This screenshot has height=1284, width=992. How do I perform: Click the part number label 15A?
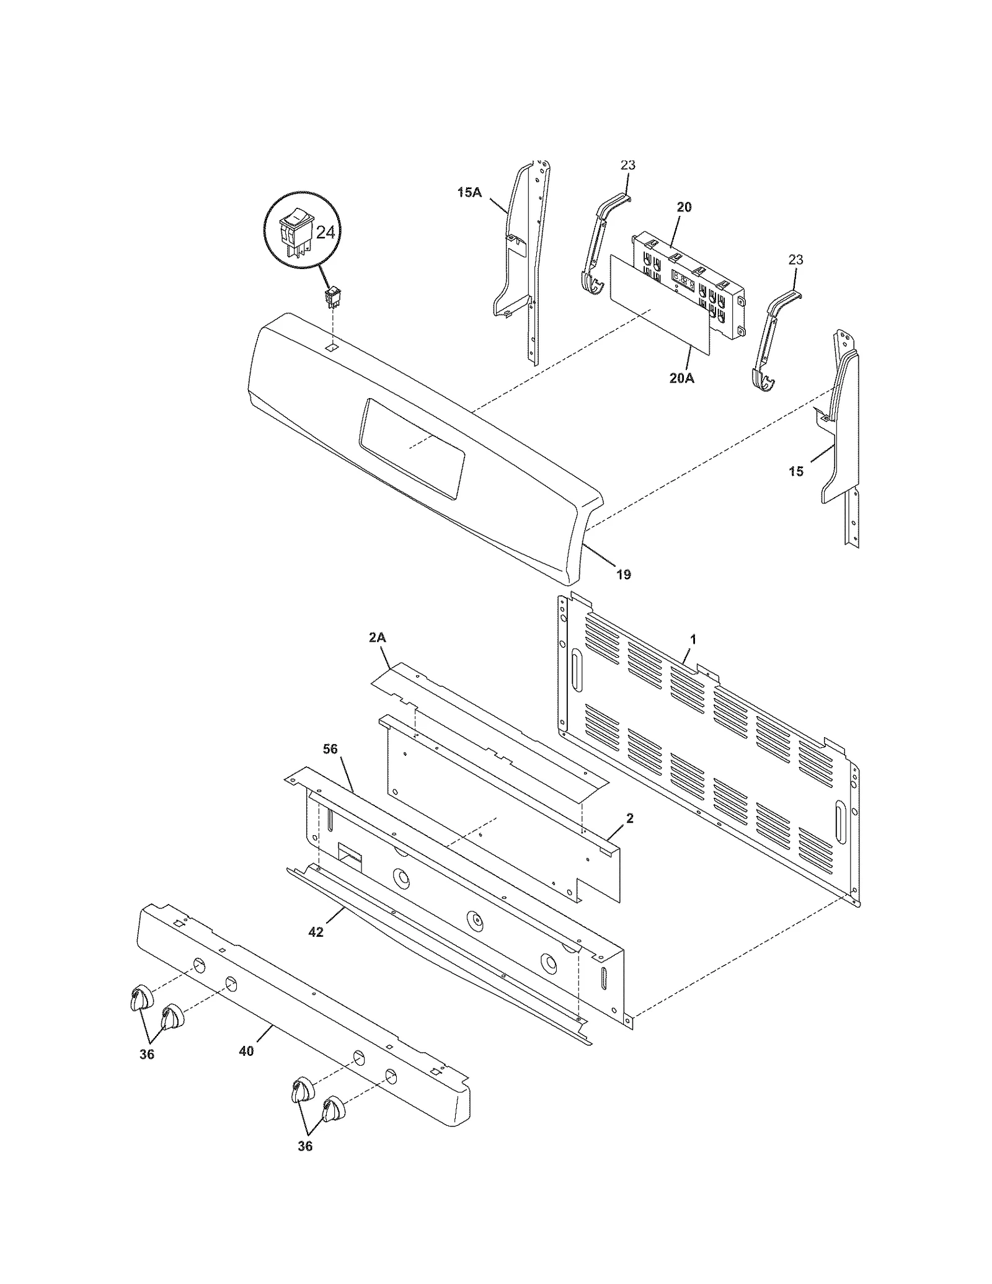click(x=469, y=192)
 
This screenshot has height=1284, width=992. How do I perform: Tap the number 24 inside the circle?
click(x=325, y=232)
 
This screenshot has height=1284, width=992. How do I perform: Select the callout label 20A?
click(x=681, y=377)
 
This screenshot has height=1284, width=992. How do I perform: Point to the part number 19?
click(x=624, y=575)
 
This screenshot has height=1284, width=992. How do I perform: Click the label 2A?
click(x=377, y=637)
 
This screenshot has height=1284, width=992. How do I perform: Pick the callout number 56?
click(x=330, y=749)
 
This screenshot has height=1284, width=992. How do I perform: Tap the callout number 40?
click(x=247, y=1051)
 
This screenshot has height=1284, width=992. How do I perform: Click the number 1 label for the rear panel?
click(x=693, y=639)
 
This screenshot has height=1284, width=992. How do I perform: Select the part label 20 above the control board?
click(x=684, y=207)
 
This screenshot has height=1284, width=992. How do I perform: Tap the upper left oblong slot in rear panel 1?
click(x=577, y=671)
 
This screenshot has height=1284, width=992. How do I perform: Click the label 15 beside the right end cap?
click(x=796, y=471)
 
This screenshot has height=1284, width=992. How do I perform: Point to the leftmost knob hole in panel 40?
click(x=198, y=965)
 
